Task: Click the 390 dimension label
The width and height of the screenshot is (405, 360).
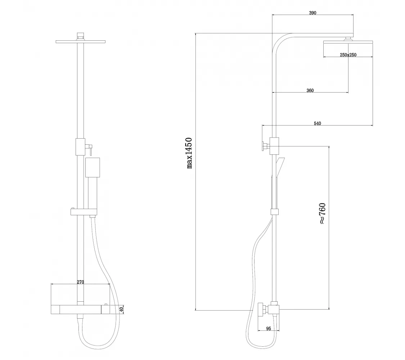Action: (312, 13)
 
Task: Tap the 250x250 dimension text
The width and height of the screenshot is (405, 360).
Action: (348, 55)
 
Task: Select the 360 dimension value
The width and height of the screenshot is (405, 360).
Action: (310, 90)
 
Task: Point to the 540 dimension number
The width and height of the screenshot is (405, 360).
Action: (318, 123)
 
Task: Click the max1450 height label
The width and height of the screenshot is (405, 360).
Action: (189, 153)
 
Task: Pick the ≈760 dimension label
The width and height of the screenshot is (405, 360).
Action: (323, 213)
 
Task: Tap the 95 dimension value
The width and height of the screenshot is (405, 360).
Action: (268, 328)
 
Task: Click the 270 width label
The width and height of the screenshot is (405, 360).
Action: (80, 282)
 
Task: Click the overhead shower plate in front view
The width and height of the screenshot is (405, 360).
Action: (81, 41)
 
